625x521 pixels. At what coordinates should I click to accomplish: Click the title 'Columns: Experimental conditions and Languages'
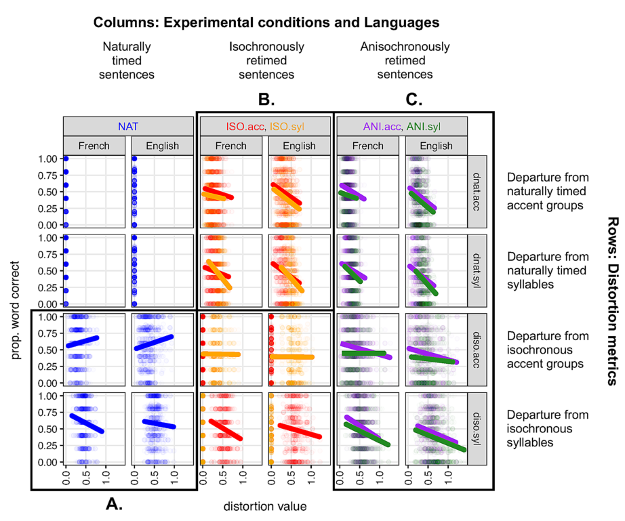pos(266,22)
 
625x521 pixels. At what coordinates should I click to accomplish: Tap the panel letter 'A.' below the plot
pos(113,504)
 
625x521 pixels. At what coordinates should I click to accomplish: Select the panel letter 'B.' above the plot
pos(266,100)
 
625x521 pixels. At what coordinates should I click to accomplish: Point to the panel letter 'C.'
pos(414,100)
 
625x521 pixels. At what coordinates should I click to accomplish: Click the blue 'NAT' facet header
pos(128,125)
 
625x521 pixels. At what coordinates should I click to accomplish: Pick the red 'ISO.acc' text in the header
pos(245,125)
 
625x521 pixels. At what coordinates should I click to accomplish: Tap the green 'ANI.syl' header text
pos(425,125)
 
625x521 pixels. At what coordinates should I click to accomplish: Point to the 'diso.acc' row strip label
pos(477,350)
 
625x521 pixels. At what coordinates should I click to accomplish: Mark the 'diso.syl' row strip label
pos(477,429)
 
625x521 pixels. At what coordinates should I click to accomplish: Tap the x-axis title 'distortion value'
pos(266,505)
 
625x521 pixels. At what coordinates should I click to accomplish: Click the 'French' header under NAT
pos(94,145)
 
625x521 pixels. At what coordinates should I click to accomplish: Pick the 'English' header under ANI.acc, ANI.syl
pos(436,145)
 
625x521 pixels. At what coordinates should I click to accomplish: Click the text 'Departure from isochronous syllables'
pos(548,429)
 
